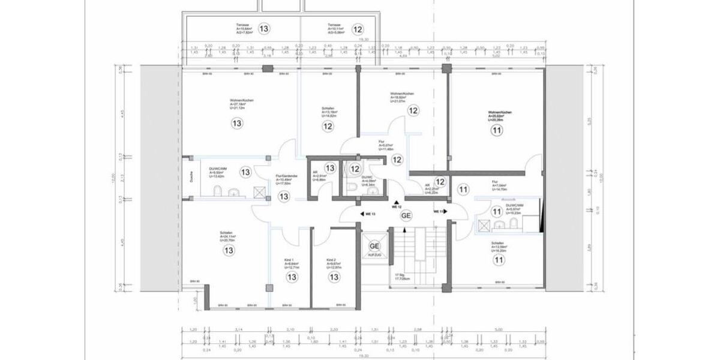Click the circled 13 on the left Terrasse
coord(263,28)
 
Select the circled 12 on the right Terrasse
coord(358,28)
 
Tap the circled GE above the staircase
coord(406,215)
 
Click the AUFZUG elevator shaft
coord(374,248)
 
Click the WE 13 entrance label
coord(368,213)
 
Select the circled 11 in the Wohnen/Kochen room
coord(496,130)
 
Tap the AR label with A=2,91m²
coord(315,172)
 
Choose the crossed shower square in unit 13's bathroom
coord(259,192)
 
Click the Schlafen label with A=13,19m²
coord(328,109)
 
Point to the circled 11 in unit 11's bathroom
coord(496,212)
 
